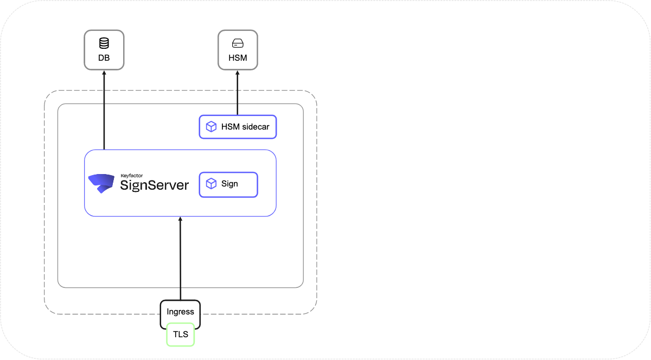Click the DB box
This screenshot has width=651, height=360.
pyautogui.click(x=104, y=50)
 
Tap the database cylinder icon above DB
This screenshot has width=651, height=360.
pyautogui.click(x=104, y=43)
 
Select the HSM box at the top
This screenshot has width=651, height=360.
pyautogui.click(x=238, y=50)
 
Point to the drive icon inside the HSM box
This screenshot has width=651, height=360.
pyautogui.click(x=238, y=43)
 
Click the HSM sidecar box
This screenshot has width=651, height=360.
pyautogui.click(x=238, y=127)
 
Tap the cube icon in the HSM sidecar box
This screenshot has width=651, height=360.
pyautogui.click(x=210, y=127)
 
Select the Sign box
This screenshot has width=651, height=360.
pyautogui.click(x=228, y=184)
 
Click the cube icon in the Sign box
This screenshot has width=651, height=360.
pyautogui.click(x=210, y=184)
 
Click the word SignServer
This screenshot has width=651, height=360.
pyautogui.click(x=154, y=185)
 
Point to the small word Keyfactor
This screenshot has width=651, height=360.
pyautogui.click(x=128, y=176)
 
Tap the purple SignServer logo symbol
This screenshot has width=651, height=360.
pyautogui.click(x=101, y=184)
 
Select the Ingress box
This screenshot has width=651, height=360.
pyautogui.click(x=180, y=312)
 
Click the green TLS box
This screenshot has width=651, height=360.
pyautogui.click(x=180, y=335)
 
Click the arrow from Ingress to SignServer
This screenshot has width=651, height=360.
pyautogui.click(x=181, y=260)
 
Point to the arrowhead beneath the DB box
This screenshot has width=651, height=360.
pyautogui.click(x=104, y=73)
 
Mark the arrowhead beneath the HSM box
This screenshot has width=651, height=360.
pyautogui.click(x=238, y=73)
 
